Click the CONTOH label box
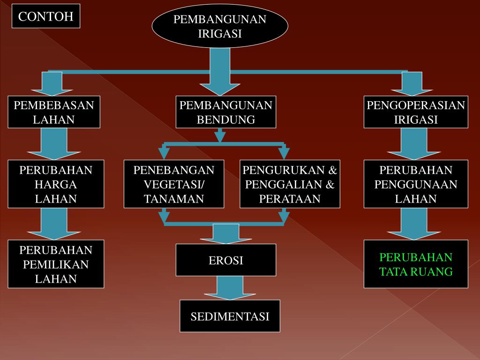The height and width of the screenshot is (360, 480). [x=46, y=16]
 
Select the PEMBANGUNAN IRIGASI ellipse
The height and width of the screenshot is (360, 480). [x=220, y=26]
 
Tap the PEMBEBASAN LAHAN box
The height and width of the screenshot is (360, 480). [x=54, y=112]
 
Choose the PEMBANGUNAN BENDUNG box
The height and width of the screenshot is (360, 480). [x=226, y=112]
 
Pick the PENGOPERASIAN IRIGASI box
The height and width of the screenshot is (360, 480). [x=416, y=112]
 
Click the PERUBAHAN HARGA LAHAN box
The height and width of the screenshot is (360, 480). [x=56, y=184]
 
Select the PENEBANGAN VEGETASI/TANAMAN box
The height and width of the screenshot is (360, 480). [x=174, y=184]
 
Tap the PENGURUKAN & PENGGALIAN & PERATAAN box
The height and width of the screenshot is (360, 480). [x=290, y=184]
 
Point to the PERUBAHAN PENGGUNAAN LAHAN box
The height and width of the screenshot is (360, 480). [x=416, y=184]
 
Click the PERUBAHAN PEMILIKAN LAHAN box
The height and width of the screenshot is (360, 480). [x=56, y=264]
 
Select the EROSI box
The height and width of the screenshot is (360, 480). [x=226, y=260]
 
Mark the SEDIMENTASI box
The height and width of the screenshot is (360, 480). [x=230, y=316]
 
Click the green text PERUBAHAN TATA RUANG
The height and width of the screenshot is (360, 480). [x=416, y=264]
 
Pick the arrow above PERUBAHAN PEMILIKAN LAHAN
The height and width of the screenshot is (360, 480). [x=54, y=225]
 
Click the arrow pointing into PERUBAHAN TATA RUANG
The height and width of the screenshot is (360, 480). [x=414, y=225]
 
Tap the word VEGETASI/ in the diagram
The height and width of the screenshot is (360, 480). [x=174, y=184]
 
